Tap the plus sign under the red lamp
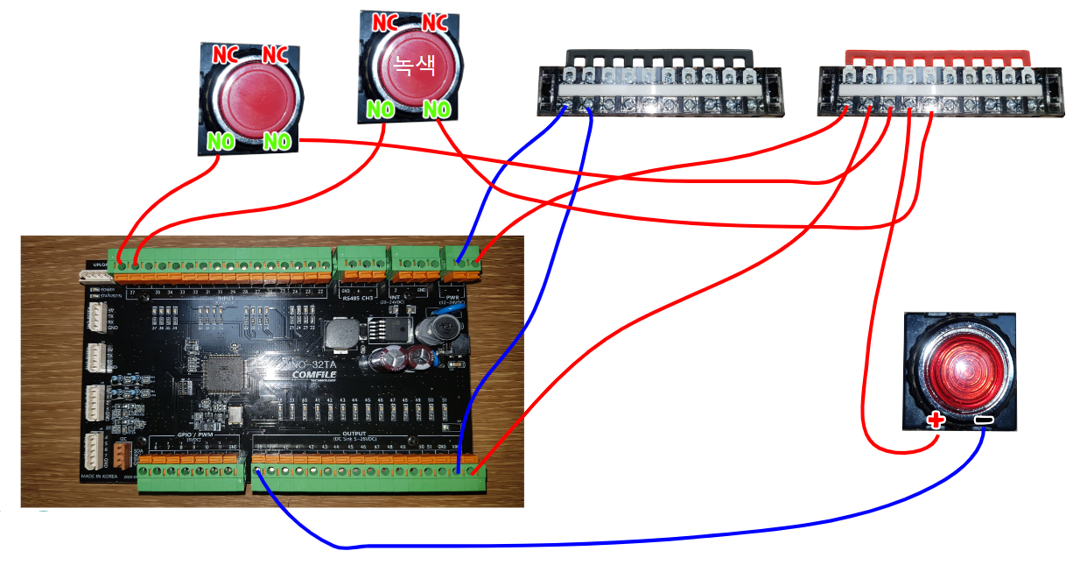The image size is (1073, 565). pos(936,420)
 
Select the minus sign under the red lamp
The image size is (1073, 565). pos(985,421)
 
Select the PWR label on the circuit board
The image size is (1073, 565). pos(452,297)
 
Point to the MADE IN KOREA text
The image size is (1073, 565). pos(101,476)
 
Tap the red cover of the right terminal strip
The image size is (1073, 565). pos(930,57)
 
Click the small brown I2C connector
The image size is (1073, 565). pos(124,454)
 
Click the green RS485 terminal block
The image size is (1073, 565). pos(361,259)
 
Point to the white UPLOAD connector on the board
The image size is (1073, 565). pos(93,278)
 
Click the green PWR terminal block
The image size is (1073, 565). pos(463,258)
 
